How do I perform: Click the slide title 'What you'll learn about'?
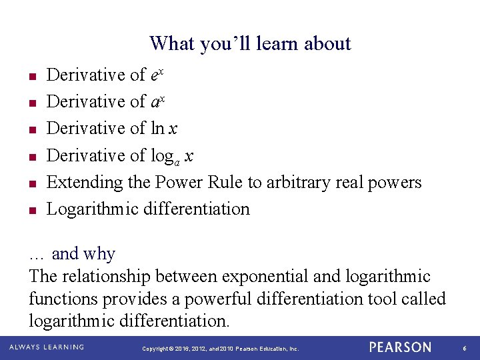(250, 43)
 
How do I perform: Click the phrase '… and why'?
(72, 254)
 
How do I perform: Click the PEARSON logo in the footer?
(401, 347)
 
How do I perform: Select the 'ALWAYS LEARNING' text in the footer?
(46, 347)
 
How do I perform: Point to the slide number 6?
(464, 348)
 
